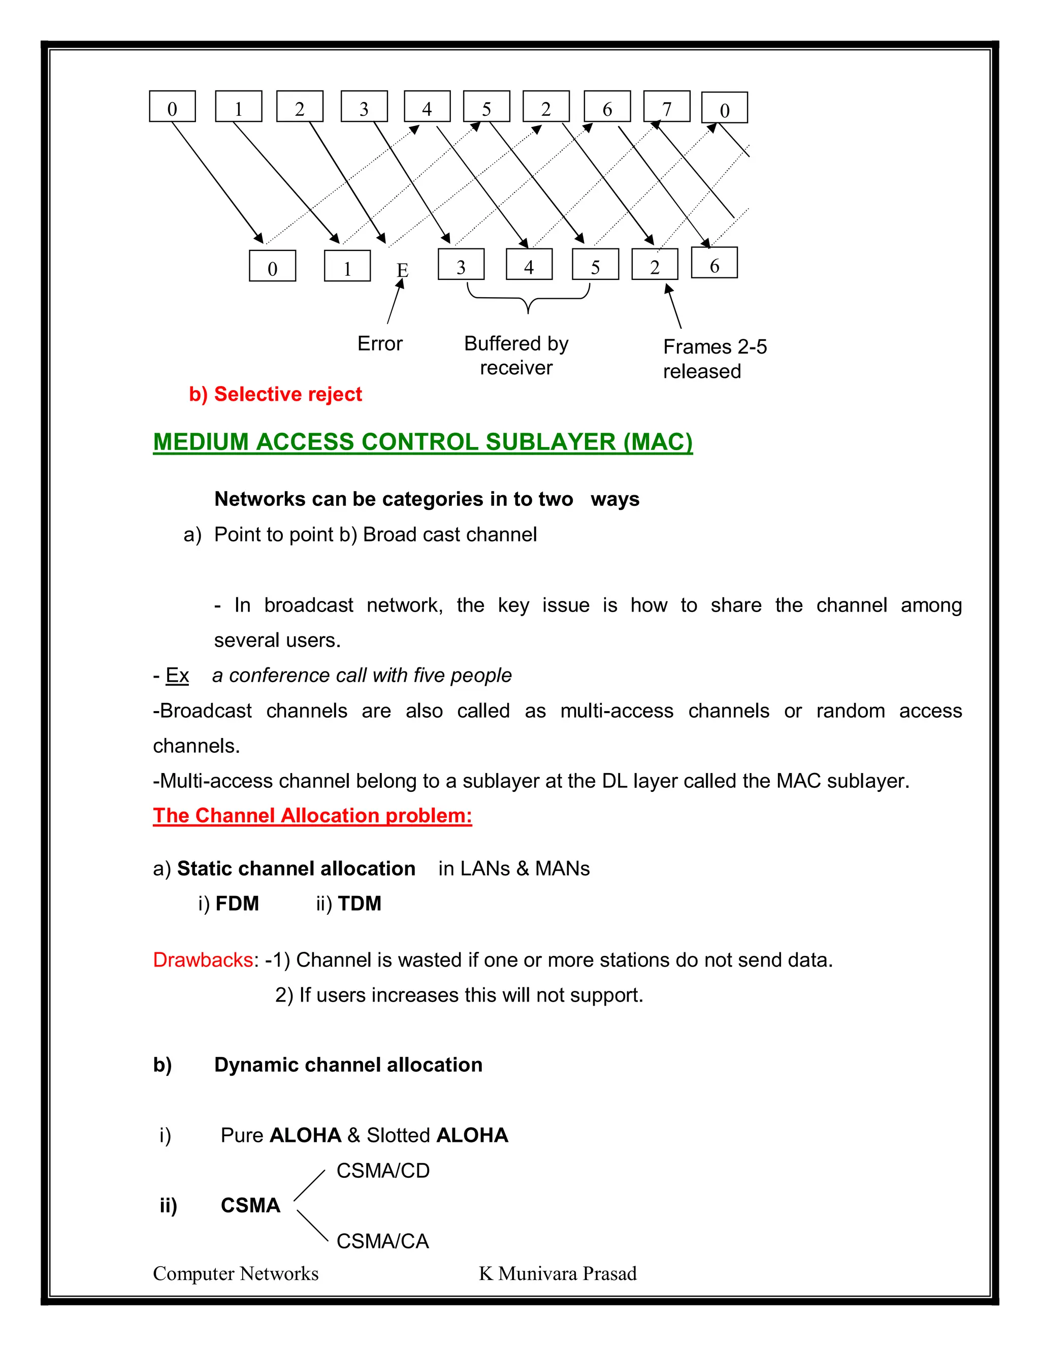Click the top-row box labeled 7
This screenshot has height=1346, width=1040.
[x=666, y=107]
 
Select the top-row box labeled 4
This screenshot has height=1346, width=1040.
[x=427, y=107]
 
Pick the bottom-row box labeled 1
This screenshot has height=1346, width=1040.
[x=347, y=266]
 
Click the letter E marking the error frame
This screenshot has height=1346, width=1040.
[x=402, y=270]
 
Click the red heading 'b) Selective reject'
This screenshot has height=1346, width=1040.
[x=275, y=395]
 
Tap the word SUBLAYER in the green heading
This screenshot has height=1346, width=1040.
[x=550, y=442]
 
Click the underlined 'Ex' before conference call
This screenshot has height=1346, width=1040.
[x=177, y=676]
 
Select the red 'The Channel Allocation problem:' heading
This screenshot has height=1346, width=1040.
[x=312, y=816]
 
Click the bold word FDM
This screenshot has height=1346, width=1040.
[x=237, y=904]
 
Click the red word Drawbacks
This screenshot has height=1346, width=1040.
[x=203, y=960]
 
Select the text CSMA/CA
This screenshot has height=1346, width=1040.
[x=382, y=1241]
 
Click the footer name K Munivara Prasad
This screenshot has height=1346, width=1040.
[x=558, y=1274]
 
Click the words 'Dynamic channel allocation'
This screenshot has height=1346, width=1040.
[x=348, y=1065]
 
